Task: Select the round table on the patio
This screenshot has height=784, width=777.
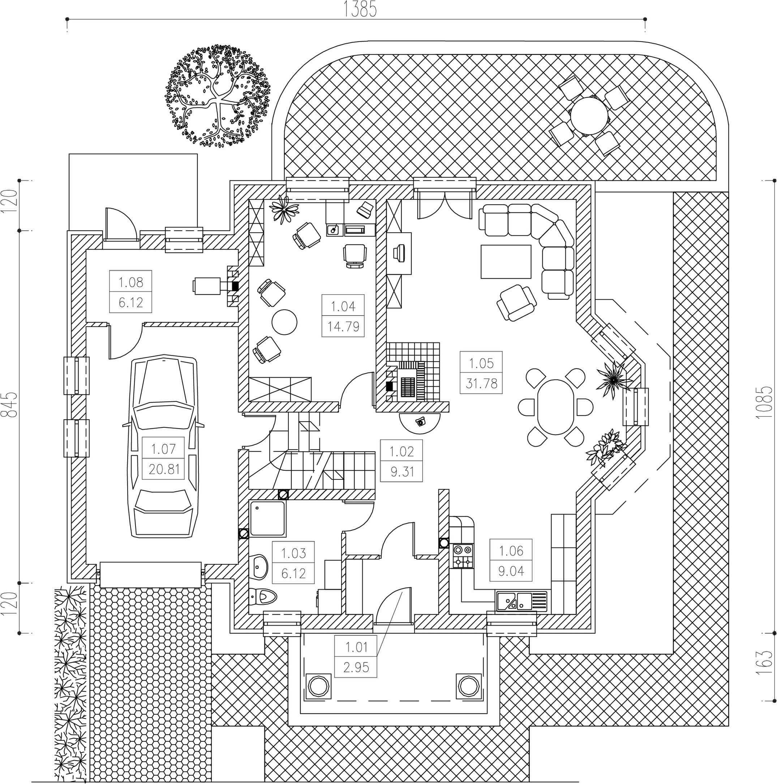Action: (589, 115)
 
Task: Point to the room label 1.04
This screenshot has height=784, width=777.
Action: (343, 306)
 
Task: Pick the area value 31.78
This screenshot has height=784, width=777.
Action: (481, 383)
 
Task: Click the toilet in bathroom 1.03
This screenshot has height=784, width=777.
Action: (264, 596)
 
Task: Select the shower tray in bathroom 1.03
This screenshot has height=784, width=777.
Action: (267, 519)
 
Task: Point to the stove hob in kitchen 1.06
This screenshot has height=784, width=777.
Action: (463, 556)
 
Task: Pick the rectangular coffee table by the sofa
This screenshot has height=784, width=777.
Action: (506, 261)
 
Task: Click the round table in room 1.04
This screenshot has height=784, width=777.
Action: (284, 322)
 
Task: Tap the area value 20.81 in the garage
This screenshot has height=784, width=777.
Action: (164, 469)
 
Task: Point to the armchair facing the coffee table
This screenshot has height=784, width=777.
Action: (516, 302)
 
